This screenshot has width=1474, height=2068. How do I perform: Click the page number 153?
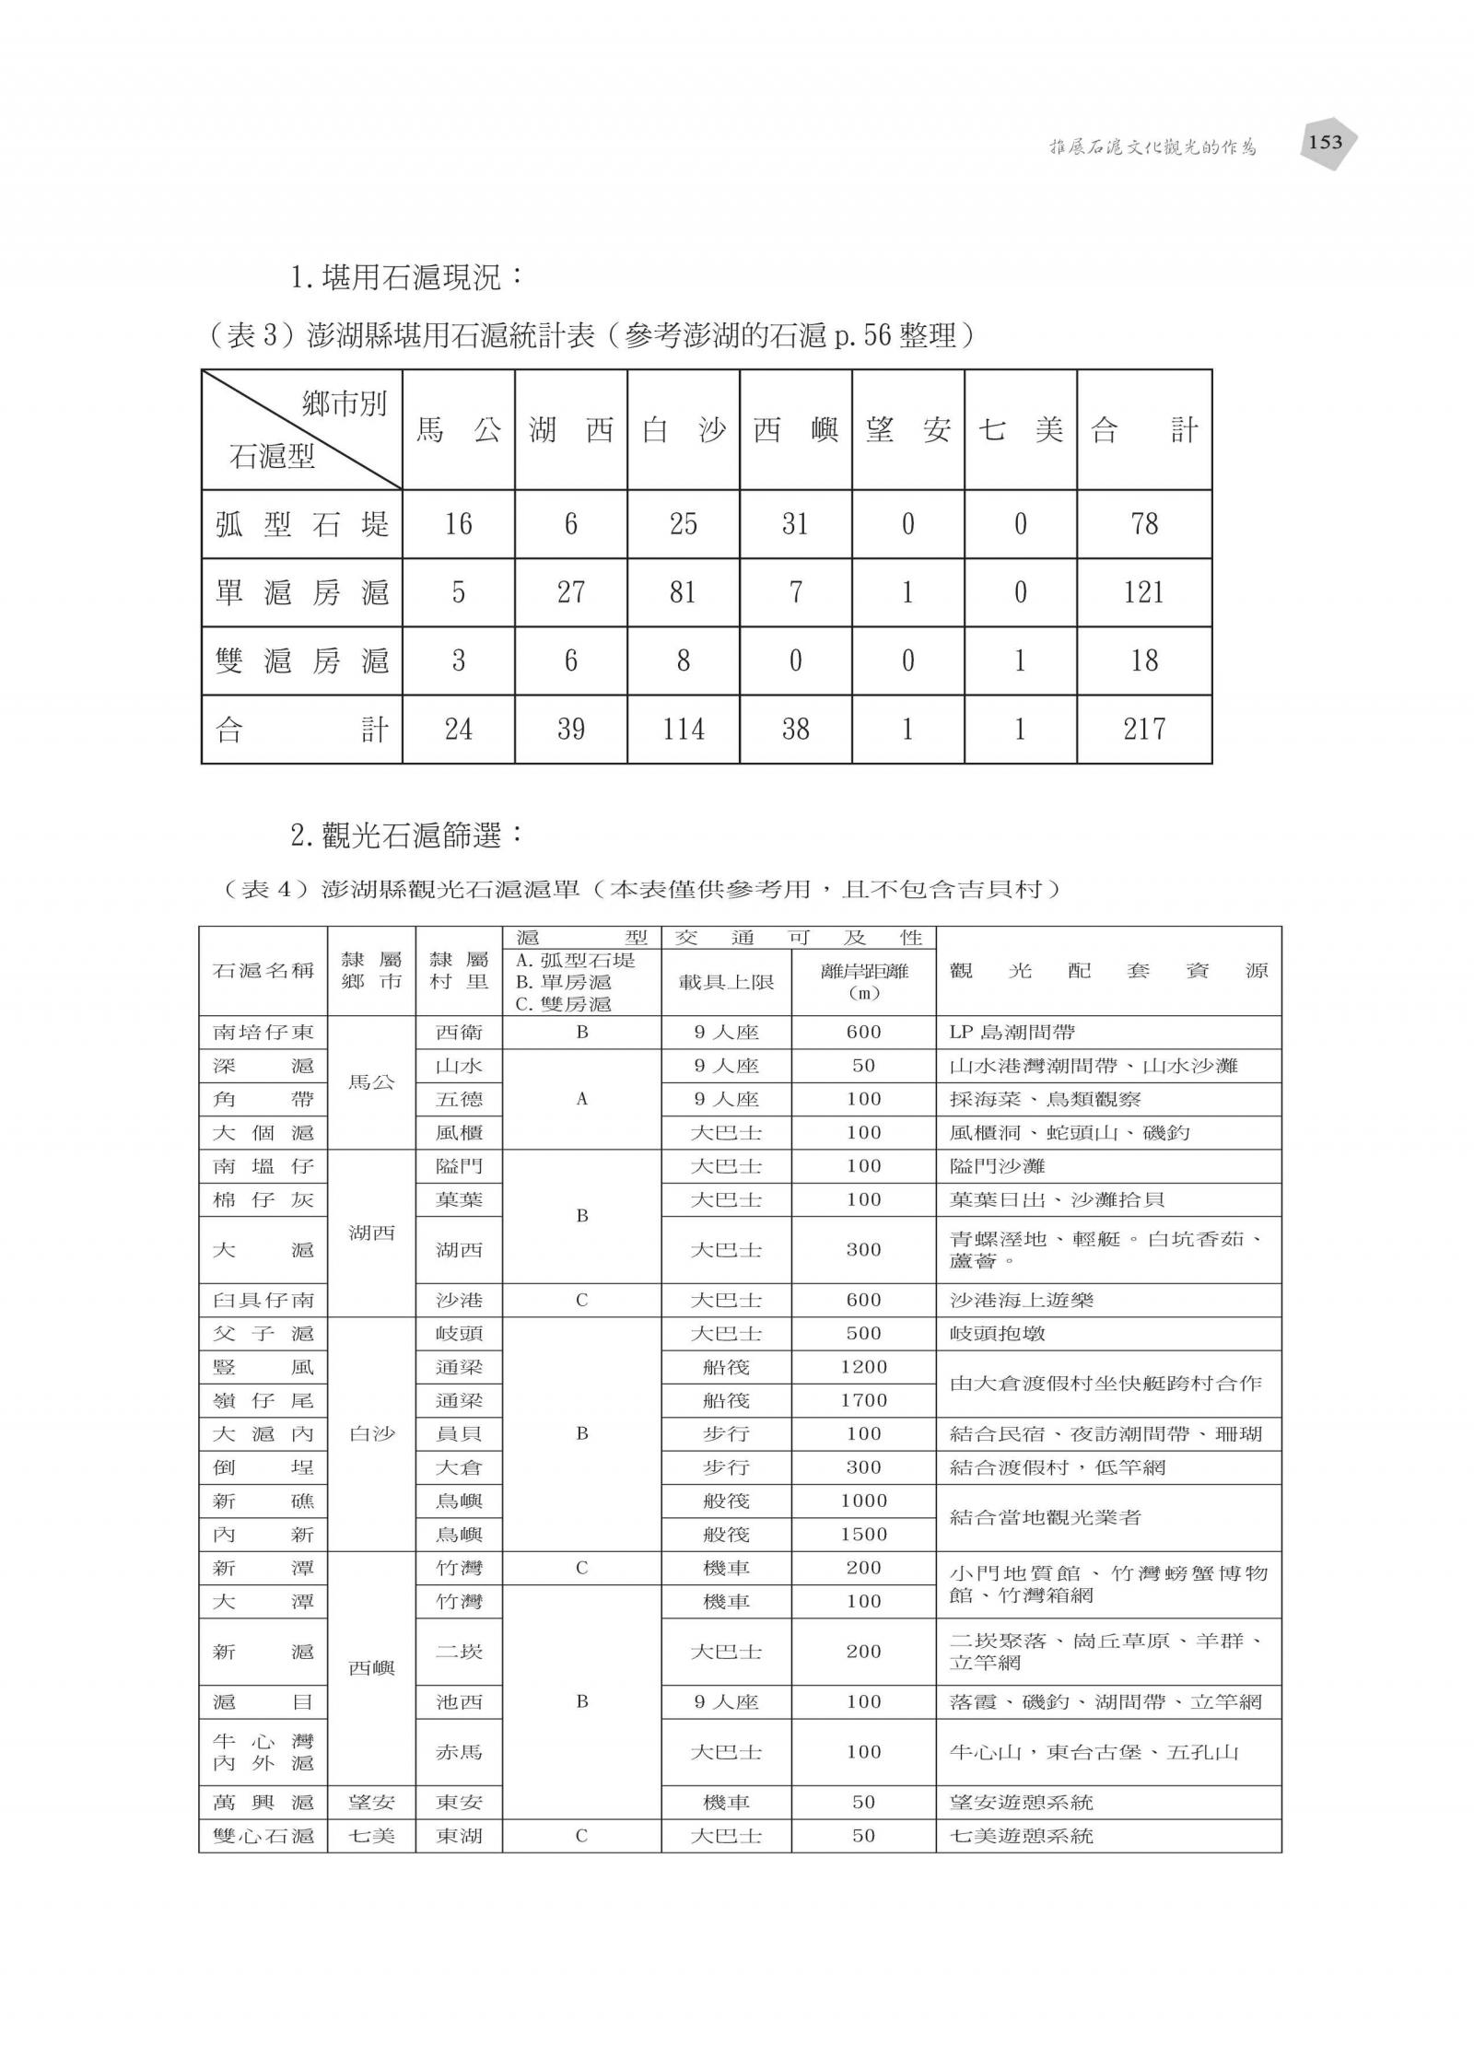pos(1326,143)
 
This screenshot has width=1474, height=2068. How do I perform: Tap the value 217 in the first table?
pos(1143,730)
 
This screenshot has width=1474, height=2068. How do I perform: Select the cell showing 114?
pos(683,730)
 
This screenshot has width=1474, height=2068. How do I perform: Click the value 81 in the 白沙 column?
pos(683,592)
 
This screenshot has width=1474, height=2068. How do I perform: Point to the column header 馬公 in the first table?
pos(458,429)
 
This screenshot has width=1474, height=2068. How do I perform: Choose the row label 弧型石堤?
pos(302,524)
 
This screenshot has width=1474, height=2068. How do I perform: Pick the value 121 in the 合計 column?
pos(1143,592)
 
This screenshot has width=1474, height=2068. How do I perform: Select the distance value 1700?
pos(863,1400)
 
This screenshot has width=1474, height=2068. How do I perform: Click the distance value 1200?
pos(863,1367)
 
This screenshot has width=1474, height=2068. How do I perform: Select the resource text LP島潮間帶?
pos(1012,1033)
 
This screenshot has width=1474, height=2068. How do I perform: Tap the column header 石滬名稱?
pos(263,971)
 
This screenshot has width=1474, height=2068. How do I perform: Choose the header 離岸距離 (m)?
pos(863,981)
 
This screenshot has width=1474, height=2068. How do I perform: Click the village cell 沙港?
pos(459,1300)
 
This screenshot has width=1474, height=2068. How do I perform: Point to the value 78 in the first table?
pos(1143,524)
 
